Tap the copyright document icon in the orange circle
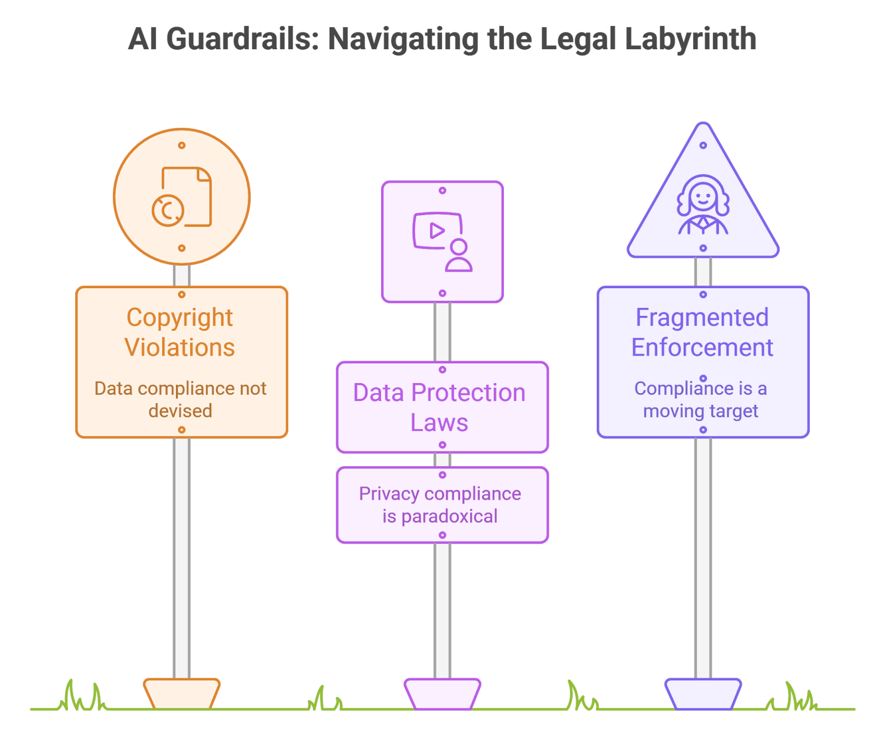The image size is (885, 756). pyautogui.click(x=182, y=197)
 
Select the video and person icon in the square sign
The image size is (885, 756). pyautogui.click(x=442, y=241)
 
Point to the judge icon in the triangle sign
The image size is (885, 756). pyautogui.click(x=703, y=205)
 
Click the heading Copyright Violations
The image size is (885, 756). pyautogui.click(x=180, y=332)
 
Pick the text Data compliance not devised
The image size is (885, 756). pyautogui.click(x=180, y=399)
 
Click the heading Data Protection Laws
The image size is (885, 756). pyautogui.click(x=439, y=408)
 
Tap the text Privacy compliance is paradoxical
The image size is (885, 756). pyautogui.click(x=440, y=505)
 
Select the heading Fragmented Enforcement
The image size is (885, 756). pyautogui.click(x=702, y=332)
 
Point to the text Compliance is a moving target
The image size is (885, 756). pyautogui.click(x=701, y=399)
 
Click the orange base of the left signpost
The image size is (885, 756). pyautogui.click(x=181, y=694)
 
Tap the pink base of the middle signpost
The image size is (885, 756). pyautogui.click(x=442, y=694)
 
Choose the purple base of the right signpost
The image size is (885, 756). pyautogui.click(x=703, y=694)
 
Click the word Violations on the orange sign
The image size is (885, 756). pyautogui.click(x=180, y=348)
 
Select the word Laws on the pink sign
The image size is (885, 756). pyautogui.click(x=439, y=423)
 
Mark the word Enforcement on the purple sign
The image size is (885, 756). pyautogui.click(x=702, y=348)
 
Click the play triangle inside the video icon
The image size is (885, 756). pyautogui.click(x=437, y=231)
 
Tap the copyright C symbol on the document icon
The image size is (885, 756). pyautogui.click(x=168, y=210)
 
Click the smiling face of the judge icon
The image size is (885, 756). pyautogui.click(x=703, y=196)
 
